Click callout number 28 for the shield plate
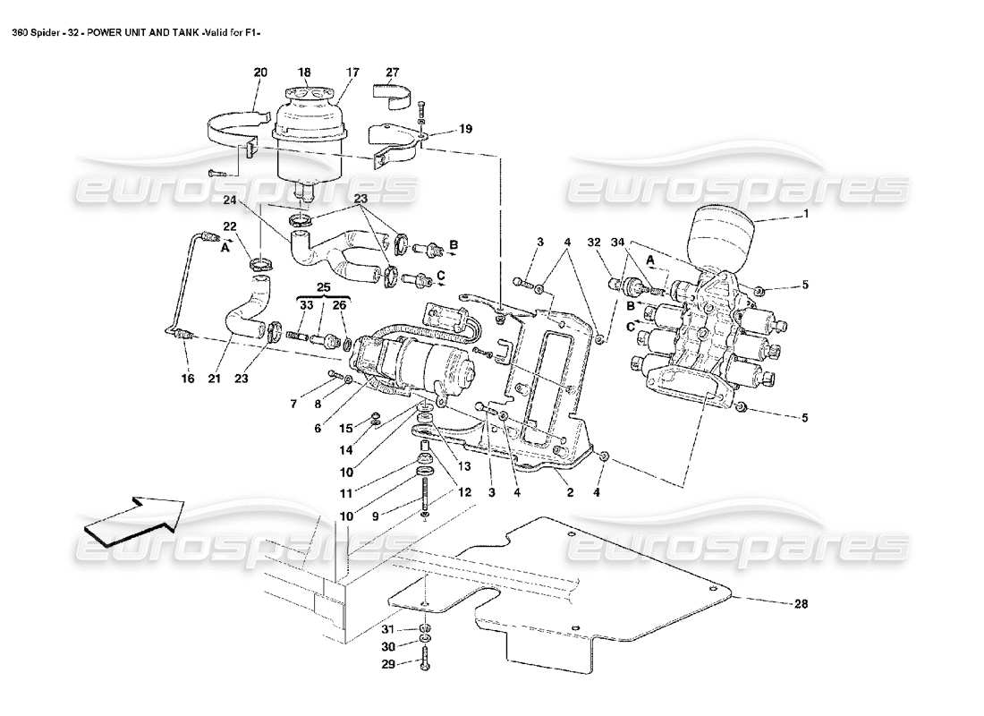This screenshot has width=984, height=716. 800,604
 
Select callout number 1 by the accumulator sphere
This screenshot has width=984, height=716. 805,214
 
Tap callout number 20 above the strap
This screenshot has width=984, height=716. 260,72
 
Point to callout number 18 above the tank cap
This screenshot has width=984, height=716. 304,72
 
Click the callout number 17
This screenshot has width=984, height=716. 352,72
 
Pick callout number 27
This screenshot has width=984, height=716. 393,72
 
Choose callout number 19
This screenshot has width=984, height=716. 464,129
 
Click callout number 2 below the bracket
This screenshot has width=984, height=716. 570,491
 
